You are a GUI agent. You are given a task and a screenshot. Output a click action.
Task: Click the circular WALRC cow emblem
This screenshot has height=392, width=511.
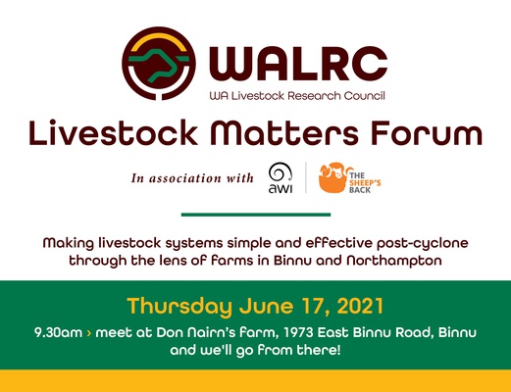coord(159,64)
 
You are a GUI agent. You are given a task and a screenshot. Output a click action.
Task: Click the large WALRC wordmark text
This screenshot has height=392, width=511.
coord(298,64)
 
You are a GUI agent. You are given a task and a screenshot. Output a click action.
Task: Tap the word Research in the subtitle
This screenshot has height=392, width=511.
coord(314,96)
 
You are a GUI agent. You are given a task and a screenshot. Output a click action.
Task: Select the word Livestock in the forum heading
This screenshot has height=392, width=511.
coord(113,132)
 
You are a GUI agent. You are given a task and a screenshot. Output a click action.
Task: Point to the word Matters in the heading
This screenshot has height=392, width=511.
coord(284,132)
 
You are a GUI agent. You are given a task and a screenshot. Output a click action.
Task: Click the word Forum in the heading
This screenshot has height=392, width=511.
coord(427,132)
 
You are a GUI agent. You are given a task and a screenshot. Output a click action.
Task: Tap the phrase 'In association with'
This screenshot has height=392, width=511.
coord(192,178)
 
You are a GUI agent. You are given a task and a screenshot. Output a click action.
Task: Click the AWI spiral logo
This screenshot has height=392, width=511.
coord(281,178)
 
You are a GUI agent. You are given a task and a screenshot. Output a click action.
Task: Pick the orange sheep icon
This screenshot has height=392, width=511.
coord(332,177)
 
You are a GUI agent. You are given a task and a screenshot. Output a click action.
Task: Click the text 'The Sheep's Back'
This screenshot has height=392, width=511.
coord(365,183)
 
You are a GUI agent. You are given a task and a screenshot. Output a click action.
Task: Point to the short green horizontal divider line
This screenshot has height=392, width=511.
coord(256,215)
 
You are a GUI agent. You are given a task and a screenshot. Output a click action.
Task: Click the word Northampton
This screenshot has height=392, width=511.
coord(394,261)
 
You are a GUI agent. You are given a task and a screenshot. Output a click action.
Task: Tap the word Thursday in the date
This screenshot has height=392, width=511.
coord(179,307)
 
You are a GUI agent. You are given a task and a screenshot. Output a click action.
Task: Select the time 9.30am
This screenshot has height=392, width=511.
coord(58,333)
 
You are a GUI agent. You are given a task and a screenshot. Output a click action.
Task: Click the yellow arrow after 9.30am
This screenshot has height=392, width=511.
coord(89,333)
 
